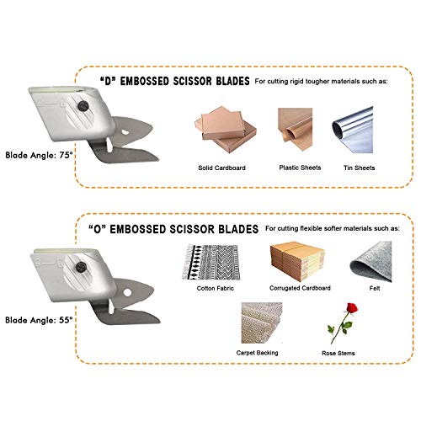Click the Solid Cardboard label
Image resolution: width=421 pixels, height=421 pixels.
tap(221, 168)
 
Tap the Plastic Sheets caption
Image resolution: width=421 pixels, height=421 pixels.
tap(300, 168)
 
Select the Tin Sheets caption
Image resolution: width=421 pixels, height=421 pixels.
tap(360, 168)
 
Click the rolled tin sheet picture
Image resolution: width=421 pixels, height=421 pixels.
tap(353, 130)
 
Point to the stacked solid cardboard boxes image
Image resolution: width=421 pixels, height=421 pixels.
tap(226, 130)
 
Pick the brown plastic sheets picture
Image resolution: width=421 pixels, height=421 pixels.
tap(296, 130)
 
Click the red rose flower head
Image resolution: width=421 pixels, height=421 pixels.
tap(352, 308)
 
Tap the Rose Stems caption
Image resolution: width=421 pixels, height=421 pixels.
tap(338, 353)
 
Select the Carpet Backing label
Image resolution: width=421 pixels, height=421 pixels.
tap(257, 353)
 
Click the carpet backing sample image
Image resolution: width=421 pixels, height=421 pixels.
tap(262, 322)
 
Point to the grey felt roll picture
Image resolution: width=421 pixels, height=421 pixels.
tap(370, 262)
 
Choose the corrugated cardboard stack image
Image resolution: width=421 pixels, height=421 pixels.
tap(297, 262)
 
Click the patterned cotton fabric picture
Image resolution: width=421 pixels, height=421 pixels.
tap(211, 262)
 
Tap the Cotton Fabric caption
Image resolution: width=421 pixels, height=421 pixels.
tap(216, 288)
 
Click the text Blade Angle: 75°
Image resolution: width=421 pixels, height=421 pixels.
tap(39, 155)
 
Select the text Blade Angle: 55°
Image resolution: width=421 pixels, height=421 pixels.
tap(39, 320)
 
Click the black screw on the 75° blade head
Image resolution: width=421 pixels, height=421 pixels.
tap(83, 106)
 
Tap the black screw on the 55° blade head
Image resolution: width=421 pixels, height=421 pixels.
tap(81, 267)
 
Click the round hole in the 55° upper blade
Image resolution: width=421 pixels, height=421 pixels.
tap(127, 292)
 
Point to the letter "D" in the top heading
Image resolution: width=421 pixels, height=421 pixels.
tap(109, 82)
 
